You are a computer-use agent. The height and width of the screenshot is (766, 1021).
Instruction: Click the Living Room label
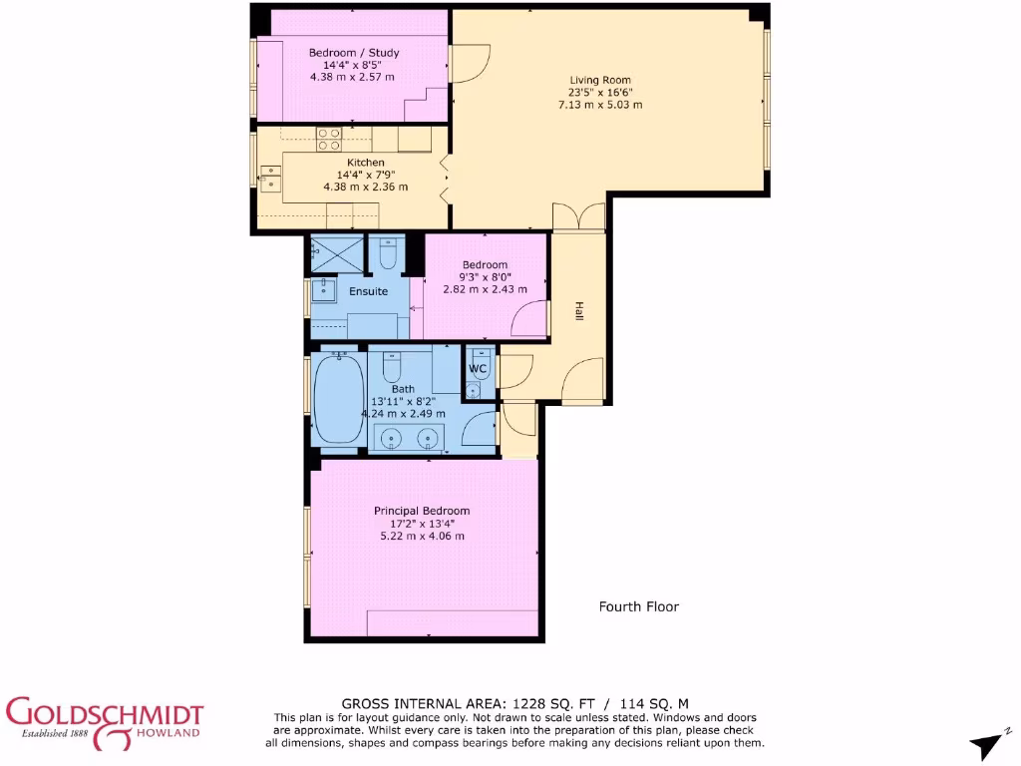600,80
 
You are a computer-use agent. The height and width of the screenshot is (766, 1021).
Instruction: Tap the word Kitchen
365,163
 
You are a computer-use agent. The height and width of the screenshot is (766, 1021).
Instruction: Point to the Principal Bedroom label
422,511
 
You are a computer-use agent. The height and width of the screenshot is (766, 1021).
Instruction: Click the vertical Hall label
577,311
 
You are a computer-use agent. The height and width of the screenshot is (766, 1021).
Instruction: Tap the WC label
478,369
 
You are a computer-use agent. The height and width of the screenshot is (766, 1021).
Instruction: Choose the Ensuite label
368,291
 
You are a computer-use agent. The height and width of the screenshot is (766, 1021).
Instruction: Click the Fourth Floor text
638,606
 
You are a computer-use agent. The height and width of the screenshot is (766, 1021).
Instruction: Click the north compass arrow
987,743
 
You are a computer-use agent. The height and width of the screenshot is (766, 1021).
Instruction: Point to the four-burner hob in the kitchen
329,139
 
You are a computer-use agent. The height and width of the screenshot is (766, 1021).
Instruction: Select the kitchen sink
270,177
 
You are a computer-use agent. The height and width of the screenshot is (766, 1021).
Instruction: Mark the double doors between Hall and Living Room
578,218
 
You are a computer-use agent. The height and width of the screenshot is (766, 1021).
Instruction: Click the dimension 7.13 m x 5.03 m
600,104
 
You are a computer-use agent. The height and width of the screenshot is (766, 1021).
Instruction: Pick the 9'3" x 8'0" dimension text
486,277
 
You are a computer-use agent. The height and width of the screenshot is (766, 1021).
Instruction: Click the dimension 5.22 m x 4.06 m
422,536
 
